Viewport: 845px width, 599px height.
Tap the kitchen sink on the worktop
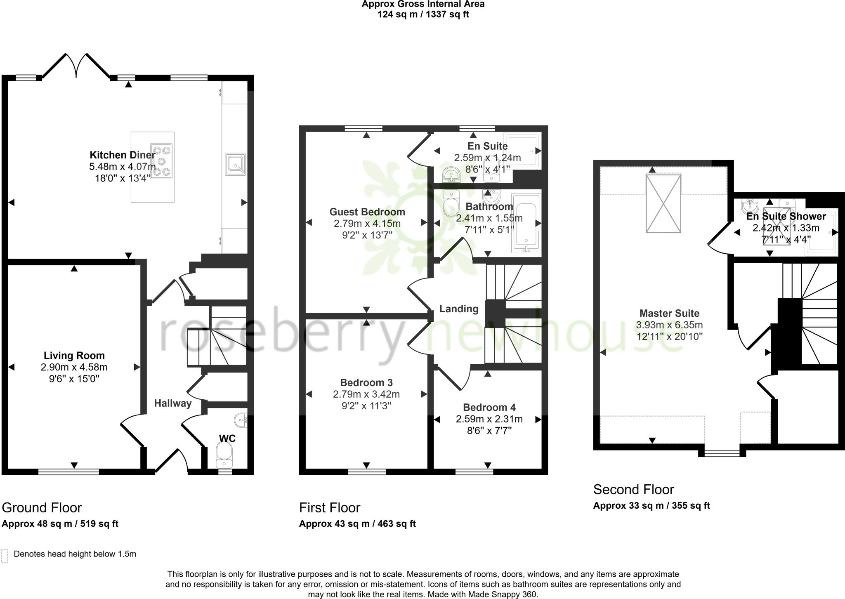235,163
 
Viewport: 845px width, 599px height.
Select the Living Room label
74,356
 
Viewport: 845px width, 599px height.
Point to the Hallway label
173,403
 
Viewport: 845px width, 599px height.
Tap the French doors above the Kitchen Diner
76,66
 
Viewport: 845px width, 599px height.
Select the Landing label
459,309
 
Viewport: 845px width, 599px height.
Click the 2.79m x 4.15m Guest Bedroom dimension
367,224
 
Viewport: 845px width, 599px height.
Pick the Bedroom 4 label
489,408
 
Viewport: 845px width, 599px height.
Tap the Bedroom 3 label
366,383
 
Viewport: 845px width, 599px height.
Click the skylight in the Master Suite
663,203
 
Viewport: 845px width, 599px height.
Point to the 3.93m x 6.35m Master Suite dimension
669,325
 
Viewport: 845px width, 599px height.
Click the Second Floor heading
633,490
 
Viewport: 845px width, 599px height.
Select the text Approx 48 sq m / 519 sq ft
60,524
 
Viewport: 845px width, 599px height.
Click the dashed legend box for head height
5,556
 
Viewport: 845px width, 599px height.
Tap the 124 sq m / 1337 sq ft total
423,14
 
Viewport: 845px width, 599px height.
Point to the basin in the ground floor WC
241,420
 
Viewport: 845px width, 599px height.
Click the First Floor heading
330,508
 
